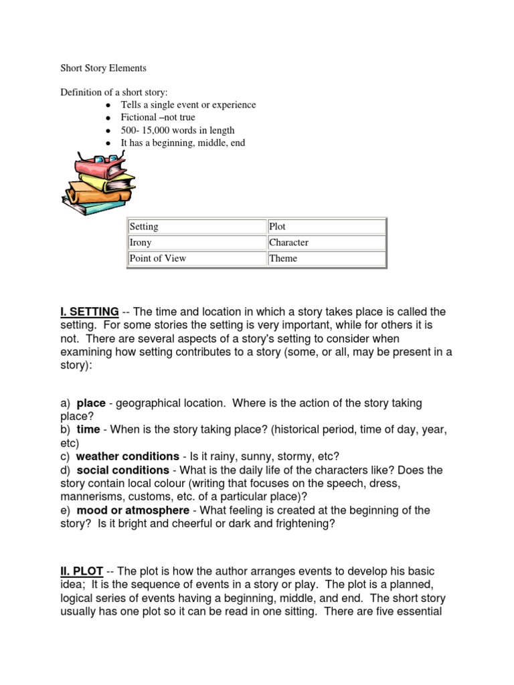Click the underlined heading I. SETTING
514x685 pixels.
tap(89, 312)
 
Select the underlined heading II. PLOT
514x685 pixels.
tap(81, 571)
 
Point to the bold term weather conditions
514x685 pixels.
tap(127, 457)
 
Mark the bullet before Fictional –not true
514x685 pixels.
tap(108, 118)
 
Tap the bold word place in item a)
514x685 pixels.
tap(91, 403)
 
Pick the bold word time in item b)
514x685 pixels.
tap(88, 430)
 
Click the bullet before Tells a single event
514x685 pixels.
tap(108, 105)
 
